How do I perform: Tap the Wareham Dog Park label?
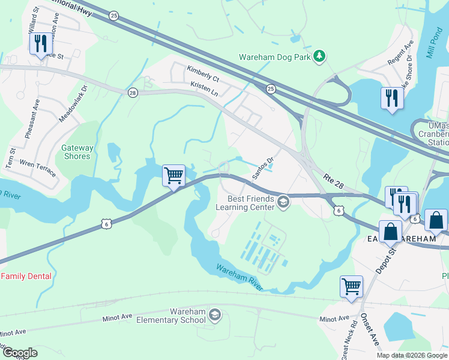pyautogui.click(x=277, y=58)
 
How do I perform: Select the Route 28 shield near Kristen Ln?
pyautogui.click(x=132, y=92)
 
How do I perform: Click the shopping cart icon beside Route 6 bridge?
pyautogui.click(x=173, y=176)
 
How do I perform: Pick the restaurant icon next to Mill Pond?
pyautogui.click(x=391, y=97)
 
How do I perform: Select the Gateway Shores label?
pyautogui.click(x=78, y=152)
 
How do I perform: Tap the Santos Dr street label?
pyautogui.click(x=262, y=163)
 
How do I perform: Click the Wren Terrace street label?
pyautogui.click(x=38, y=168)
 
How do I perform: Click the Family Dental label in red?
pyautogui.click(x=26, y=277)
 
